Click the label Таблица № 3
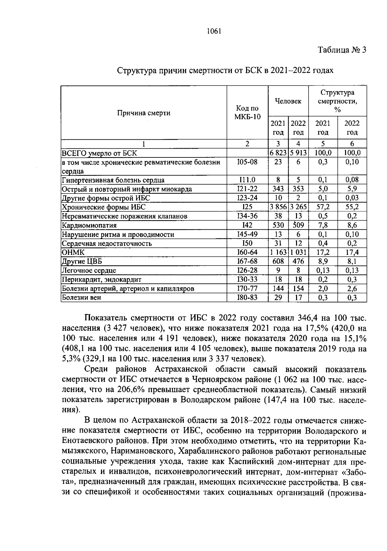[x=342, y=50]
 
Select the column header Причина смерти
[x=144, y=113]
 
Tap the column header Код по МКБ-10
[x=247, y=113]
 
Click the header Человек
[x=288, y=101]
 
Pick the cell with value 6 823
[x=278, y=153]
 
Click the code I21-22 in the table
[x=247, y=189]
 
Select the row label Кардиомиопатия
[x=89, y=225]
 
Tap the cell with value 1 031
[x=298, y=252]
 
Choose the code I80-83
[x=247, y=297]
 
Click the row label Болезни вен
[x=81, y=297]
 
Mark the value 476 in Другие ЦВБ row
[x=298, y=261]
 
